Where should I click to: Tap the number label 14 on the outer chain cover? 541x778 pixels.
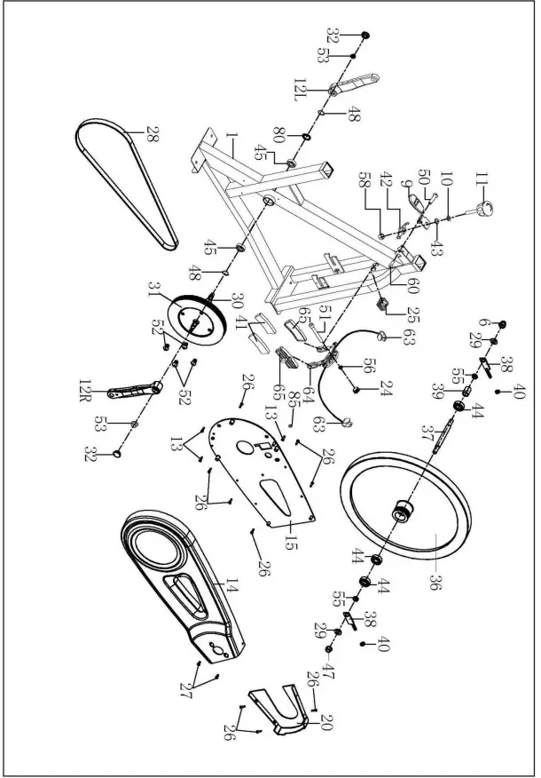(232, 585)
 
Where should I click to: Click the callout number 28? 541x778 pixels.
(153, 135)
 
